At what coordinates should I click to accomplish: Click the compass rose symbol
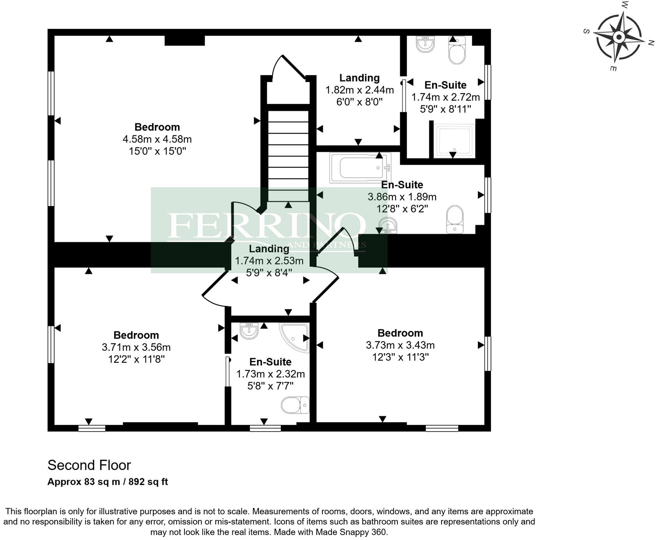coord(619,37)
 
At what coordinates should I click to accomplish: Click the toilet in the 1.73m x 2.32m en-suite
coord(294,405)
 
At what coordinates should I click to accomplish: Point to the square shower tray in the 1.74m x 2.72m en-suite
coord(455,140)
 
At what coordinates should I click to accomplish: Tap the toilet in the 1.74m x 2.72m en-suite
coord(457,51)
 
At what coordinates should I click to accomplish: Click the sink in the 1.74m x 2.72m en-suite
coord(425,44)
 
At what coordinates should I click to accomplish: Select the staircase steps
coord(288,156)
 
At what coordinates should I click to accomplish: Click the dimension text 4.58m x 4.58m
coord(157,139)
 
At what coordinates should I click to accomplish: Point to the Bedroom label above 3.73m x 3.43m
coord(400,333)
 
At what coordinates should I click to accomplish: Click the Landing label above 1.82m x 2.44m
coord(359,78)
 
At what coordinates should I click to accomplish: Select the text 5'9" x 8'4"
coord(269,273)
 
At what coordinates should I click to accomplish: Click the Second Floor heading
coord(89,465)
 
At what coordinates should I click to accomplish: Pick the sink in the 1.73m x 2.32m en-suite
coord(249,331)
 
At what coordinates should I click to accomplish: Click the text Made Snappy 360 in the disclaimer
coord(351,532)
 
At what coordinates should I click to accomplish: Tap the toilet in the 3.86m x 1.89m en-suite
coord(454,219)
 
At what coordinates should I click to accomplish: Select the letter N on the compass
coord(650,44)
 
